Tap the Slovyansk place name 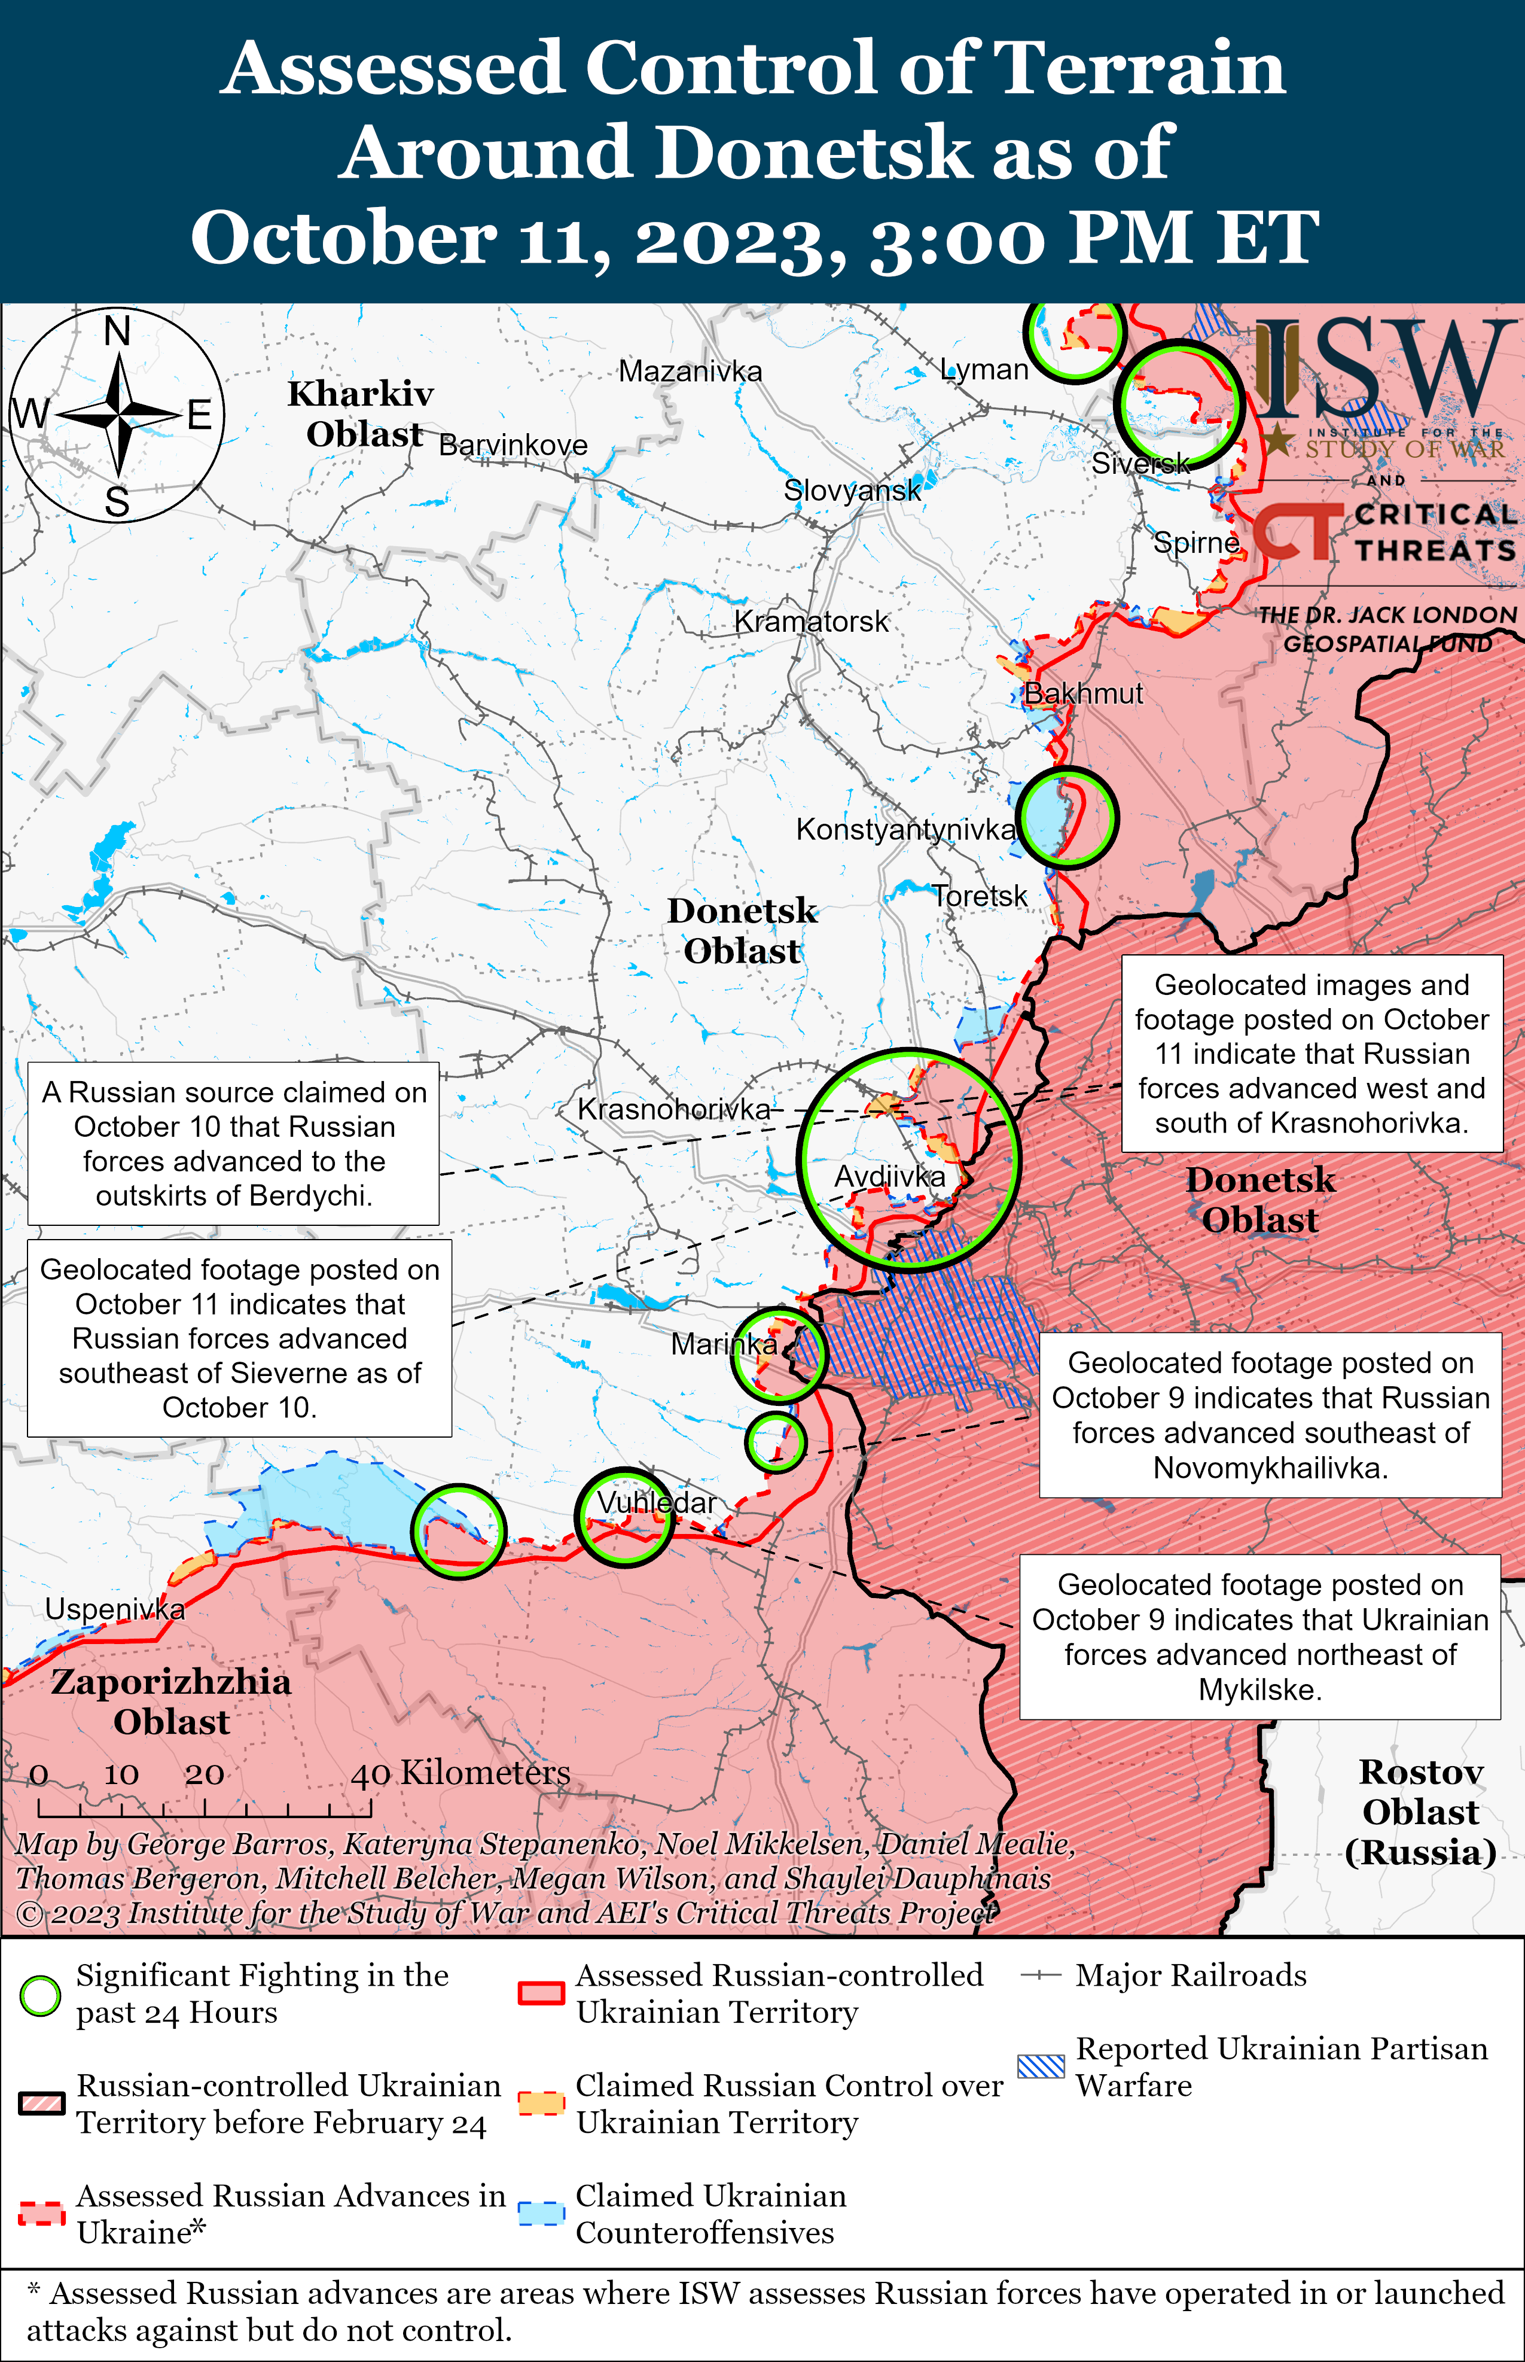point(852,490)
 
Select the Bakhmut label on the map point(1082,693)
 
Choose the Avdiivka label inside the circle point(889,1177)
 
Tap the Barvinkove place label point(513,446)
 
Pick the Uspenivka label point(115,1609)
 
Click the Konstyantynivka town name point(905,829)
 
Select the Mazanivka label point(690,372)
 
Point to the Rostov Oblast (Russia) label point(1420,1812)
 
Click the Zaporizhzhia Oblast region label point(171,1702)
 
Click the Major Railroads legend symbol point(1041,1976)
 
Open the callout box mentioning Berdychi point(234,1144)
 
